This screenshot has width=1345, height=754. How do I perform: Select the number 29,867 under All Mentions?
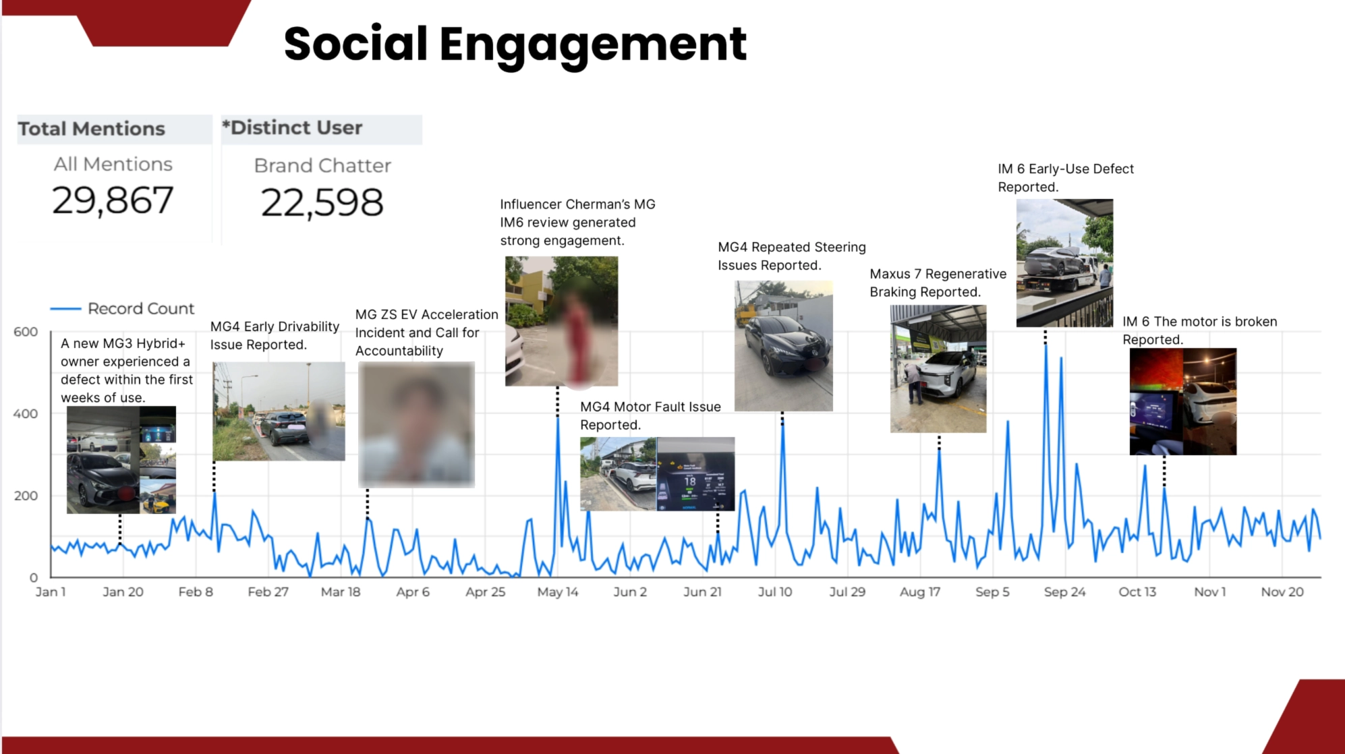(113, 201)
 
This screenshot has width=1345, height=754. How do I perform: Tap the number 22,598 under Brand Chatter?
(322, 203)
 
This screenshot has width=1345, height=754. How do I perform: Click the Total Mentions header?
(92, 129)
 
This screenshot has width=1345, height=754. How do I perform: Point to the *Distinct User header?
(293, 127)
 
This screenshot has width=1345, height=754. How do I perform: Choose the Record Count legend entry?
(140, 309)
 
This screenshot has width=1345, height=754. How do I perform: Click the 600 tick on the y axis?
(26, 332)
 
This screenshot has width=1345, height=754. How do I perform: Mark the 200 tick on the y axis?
(26, 496)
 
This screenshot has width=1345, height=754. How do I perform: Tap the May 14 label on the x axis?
(557, 592)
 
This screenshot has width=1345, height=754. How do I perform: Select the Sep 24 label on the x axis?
(1064, 592)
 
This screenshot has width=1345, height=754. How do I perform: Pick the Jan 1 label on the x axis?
(51, 592)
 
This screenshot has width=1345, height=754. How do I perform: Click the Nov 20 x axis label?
(1282, 592)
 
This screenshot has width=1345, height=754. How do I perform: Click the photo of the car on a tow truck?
(1064, 263)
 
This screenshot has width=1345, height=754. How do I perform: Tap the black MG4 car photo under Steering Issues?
(783, 346)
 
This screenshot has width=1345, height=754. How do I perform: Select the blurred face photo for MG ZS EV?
(416, 424)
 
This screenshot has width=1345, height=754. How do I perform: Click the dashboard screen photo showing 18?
(695, 474)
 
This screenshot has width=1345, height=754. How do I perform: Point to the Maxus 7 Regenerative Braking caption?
(938, 283)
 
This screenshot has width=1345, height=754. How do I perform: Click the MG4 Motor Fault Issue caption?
(650, 415)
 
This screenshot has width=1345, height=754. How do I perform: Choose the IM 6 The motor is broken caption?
(1199, 330)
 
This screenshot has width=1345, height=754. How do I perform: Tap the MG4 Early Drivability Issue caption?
(275, 335)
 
